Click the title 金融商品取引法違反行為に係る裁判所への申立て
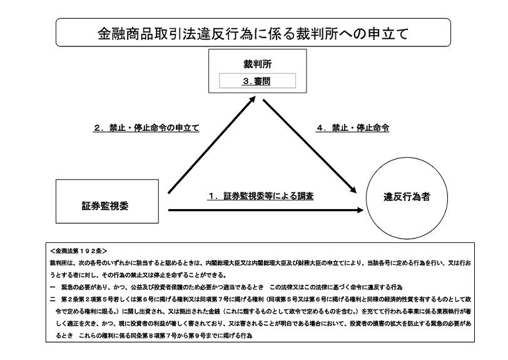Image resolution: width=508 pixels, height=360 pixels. click(253, 33)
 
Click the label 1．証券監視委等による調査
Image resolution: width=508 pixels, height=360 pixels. click(261, 196)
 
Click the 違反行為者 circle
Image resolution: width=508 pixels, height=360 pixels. click(407, 197)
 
